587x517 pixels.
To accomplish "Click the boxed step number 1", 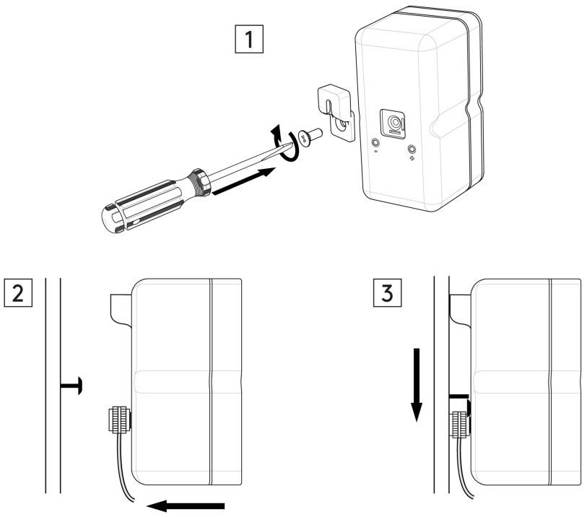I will coord(251,41).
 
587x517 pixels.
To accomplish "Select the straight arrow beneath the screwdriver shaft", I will coord(245,181).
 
